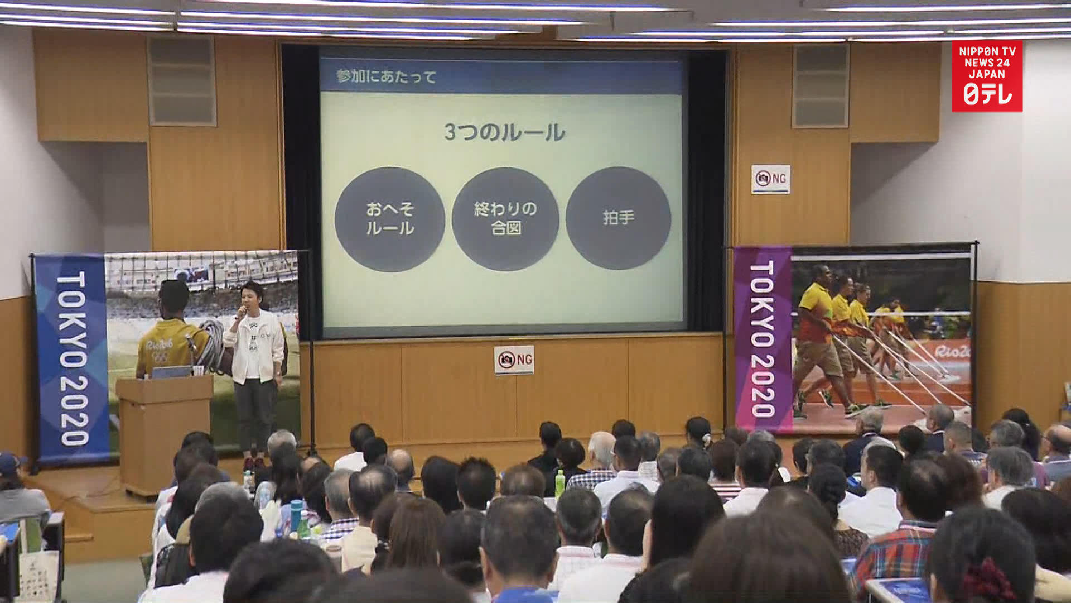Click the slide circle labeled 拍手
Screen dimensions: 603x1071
coord(618,218)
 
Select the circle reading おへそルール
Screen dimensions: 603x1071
coord(389,219)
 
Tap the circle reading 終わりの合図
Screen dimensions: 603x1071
coord(505,218)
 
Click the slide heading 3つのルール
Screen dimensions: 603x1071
coord(504,132)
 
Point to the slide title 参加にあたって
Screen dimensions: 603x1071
coord(386,76)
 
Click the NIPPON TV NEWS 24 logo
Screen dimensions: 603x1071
coord(987,75)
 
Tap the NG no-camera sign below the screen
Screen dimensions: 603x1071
coord(514,360)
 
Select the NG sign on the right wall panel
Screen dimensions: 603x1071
coord(770,179)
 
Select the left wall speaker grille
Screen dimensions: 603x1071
coord(182,81)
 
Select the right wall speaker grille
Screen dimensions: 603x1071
coord(821,85)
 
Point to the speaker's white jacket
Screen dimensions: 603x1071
coord(254,346)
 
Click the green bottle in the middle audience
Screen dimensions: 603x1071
coord(559,484)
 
